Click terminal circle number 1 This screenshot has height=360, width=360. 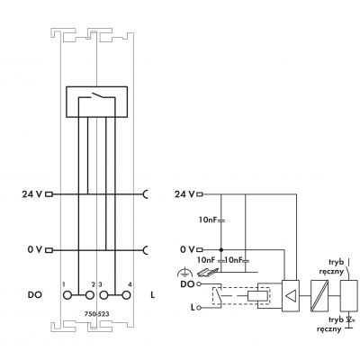[67, 295]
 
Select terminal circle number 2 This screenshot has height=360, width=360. [89, 295]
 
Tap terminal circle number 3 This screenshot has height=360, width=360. [103, 295]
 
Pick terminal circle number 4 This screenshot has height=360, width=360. [126, 295]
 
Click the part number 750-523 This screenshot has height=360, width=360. [96, 314]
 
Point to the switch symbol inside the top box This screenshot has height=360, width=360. [96, 95]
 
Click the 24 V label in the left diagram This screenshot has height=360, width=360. [31, 194]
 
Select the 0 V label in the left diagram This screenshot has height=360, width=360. [35, 249]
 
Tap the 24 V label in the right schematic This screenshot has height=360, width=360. [184, 194]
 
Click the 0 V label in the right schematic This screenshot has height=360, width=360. [187, 249]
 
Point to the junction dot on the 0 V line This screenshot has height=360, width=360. [221, 249]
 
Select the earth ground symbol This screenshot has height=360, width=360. [184, 273]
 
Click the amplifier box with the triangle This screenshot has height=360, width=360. [291, 296]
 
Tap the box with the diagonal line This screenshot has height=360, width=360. [319, 296]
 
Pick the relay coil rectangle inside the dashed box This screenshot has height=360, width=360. [258, 296]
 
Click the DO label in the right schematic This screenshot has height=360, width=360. [187, 284]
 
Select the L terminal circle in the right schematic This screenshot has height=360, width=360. [198, 308]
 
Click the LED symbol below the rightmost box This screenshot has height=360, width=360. [348, 320]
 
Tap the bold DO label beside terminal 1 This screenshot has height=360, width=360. [35, 295]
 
